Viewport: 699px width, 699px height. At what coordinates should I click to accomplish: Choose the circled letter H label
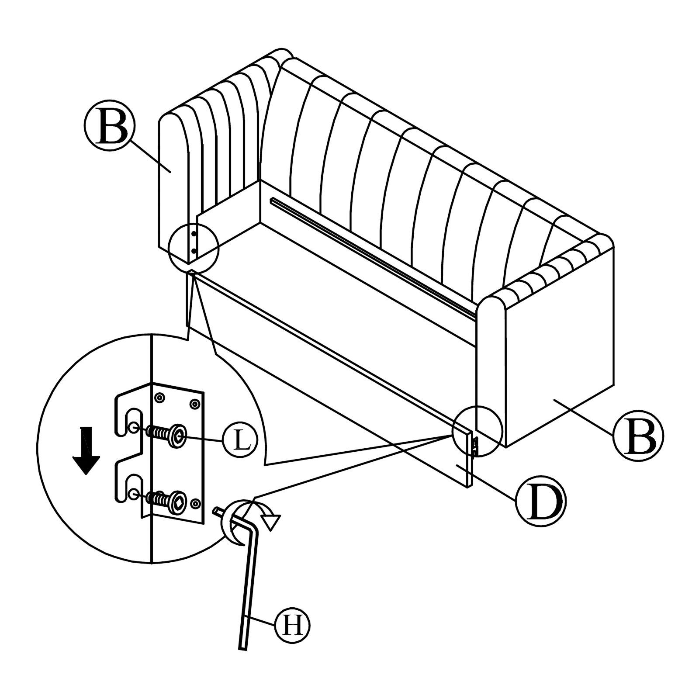point(293,626)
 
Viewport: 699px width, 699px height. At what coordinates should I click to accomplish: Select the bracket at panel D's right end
point(475,445)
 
